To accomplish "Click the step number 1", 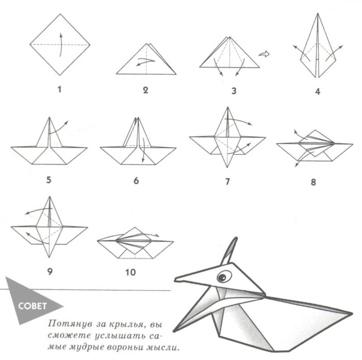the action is click(60, 89).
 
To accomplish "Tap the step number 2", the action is click(145, 90).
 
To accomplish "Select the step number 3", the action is click(234, 91).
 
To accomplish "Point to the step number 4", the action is click(318, 91).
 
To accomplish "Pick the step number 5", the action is click(48, 179).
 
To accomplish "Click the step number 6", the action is click(136, 181).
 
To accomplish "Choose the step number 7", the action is click(228, 182).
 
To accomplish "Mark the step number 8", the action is click(313, 182).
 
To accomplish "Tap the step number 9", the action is click(50, 271).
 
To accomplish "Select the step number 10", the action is click(130, 272).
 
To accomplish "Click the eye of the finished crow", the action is click(224, 276).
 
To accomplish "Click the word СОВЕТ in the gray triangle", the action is click(32, 306).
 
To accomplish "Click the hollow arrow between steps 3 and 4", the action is click(264, 54).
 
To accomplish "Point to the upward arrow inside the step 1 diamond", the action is click(61, 44).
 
